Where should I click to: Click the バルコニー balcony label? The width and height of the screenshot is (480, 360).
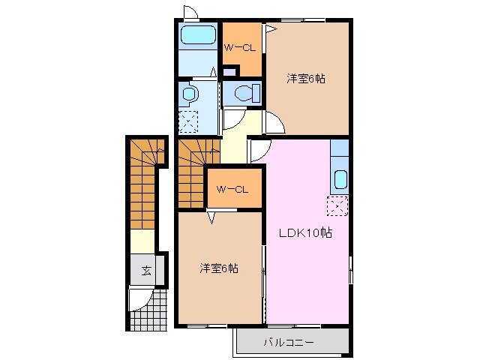coord(288,343)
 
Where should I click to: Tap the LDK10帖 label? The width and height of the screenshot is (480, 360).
coord(307,232)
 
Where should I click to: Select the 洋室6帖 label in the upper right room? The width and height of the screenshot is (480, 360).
coord(306,78)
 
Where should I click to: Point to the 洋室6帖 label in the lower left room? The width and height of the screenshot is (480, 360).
coord(218,268)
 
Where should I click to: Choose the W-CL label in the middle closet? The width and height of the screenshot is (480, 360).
coord(232,189)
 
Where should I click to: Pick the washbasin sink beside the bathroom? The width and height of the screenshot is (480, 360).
coord(190,94)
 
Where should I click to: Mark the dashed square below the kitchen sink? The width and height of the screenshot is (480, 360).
coord(337,205)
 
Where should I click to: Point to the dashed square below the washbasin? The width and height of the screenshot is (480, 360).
coord(189,121)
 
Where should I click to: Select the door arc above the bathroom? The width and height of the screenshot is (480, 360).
coord(190,13)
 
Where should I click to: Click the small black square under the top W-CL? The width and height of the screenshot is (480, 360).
coord(231,72)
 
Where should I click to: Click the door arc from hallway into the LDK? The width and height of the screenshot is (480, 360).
coord(259,150)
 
